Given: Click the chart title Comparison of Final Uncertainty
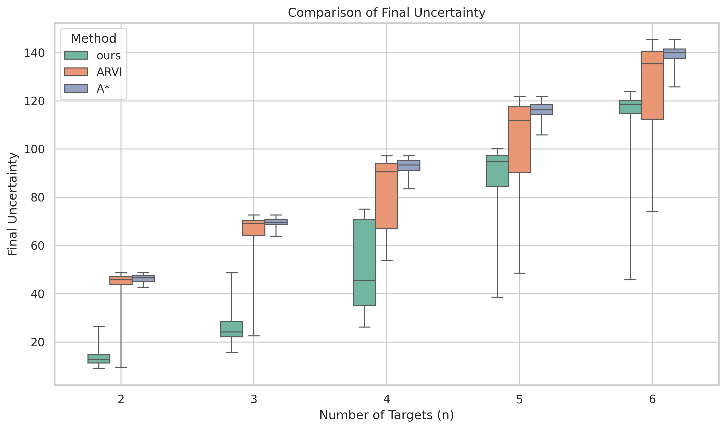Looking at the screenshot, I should pyautogui.click(x=386, y=13).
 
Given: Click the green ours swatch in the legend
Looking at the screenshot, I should pyautogui.click(x=76, y=55).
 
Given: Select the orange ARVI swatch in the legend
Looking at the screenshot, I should pyautogui.click(x=76, y=72).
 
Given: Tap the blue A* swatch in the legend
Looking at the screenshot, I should pyautogui.click(x=76, y=89).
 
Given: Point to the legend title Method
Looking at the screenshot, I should pyautogui.click(x=93, y=38).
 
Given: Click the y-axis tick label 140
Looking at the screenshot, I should pyautogui.click(x=34, y=53).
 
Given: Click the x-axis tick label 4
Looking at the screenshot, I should pyautogui.click(x=386, y=399).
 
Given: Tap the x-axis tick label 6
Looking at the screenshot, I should pyautogui.click(x=652, y=399).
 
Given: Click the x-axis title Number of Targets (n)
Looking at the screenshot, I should pyautogui.click(x=386, y=415).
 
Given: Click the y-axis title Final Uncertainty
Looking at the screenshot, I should pyautogui.click(x=13, y=204).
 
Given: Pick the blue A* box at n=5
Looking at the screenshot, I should pyautogui.click(x=541, y=110).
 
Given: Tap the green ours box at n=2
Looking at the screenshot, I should pyautogui.click(x=99, y=359).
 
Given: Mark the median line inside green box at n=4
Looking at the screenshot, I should pyautogui.click(x=364, y=280).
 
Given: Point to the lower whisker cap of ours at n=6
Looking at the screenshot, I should pyautogui.click(x=630, y=280).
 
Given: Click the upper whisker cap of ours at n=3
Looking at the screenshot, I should pyautogui.click(x=232, y=273).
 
